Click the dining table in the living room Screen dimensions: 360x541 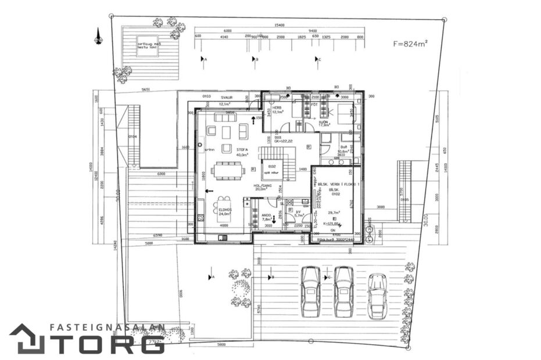(x=227, y=170)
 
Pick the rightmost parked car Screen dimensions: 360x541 (x=377, y=295)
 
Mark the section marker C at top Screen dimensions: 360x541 (x=319, y=59)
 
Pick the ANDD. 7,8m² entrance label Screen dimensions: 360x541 (x=267, y=217)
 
